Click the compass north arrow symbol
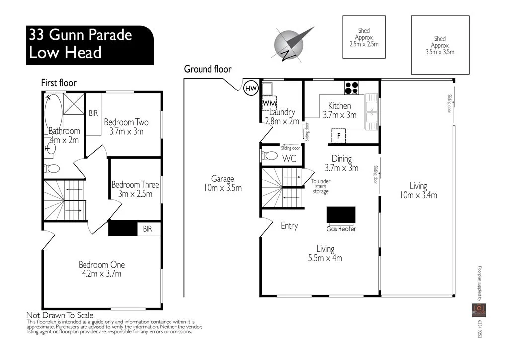coord(293,43)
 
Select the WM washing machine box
coord(269,103)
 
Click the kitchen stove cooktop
coord(352,88)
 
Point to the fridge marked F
coord(339,135)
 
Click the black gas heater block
coord(340,215)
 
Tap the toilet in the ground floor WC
coord(270,156)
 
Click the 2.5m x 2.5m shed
coord(363,38)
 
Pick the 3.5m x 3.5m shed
coord(440,45)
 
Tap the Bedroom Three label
coord(135,185)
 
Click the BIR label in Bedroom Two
coord(93,113)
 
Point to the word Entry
coord(289,226)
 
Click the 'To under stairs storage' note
coord(321,186)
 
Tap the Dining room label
coord(341,159)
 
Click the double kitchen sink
coord(372,112)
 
